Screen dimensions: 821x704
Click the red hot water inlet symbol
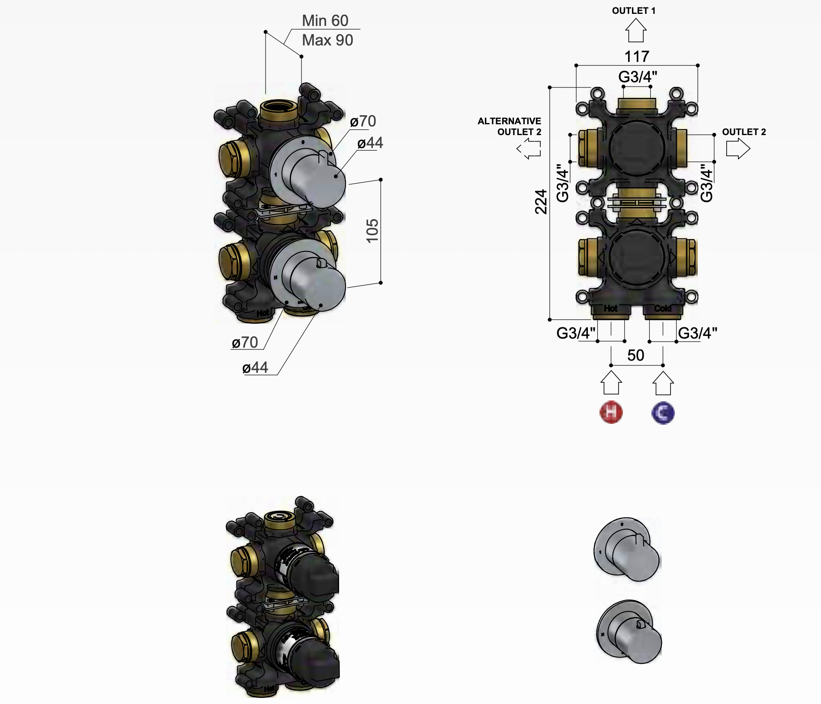[x=611, y=412]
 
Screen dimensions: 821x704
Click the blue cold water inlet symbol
[x=663, y=413]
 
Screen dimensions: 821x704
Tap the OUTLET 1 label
[x=633, y=11]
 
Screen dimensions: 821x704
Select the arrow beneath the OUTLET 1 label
[x=635, y=31]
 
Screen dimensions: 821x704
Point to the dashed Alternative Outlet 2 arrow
[x=529, y=149]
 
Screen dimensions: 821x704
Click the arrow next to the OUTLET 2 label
[x=738, y=149]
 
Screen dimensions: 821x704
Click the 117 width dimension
[x=637, y=56]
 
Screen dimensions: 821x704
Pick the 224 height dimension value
[x=541, y=202]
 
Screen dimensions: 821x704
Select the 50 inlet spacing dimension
[x=635, y=355]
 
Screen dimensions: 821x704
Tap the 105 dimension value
[x=372, y=231]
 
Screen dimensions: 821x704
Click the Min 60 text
[x=325, y=21]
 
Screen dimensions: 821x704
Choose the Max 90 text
[x=327, y=40]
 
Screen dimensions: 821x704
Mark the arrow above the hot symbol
[x=611, y=383]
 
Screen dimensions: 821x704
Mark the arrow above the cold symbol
[x=663, y=383]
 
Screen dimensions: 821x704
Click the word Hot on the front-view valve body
[x=610, y=308]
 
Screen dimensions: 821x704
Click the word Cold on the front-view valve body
[x=662, y=308]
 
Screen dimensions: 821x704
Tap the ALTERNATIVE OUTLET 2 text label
[x=509, y=126]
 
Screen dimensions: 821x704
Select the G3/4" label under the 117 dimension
[x=637, y=77]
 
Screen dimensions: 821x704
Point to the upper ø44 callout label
[x=370, y=143]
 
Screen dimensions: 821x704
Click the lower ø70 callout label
[x=245, y=342]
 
